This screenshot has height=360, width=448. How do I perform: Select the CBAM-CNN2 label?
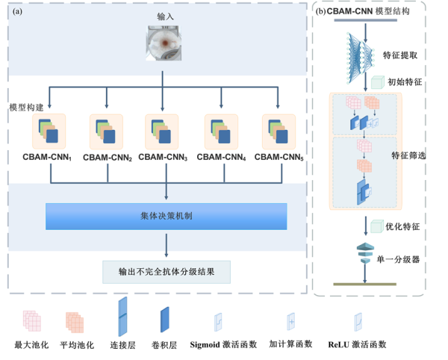[x=108, y=158]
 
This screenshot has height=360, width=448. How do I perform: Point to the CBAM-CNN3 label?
[x=163, y=157]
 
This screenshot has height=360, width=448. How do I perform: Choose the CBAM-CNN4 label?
[x=222, y=157]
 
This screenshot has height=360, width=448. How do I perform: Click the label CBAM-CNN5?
[x=279, y=157]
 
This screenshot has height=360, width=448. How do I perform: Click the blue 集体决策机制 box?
[x=166, y=217]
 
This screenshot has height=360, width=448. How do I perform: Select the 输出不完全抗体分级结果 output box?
[x=166, y=270]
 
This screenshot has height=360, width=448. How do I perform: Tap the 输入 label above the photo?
[x=165, y=17]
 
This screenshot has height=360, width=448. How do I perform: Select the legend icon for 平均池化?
[x=74, y=321]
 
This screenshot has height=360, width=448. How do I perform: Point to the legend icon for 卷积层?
[x=164, y=320]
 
